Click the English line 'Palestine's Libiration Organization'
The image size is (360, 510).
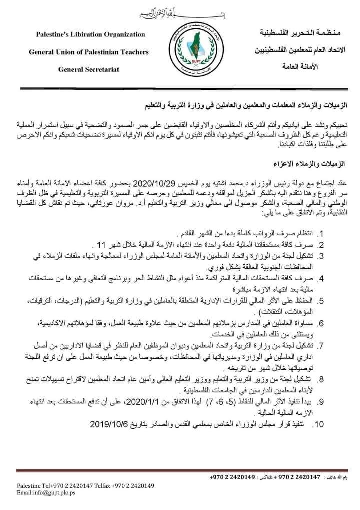(90, 34)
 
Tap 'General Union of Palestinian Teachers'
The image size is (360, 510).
(89, 52)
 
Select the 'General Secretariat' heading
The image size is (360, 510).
(89, 69)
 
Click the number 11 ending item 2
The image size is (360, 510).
(102, 245)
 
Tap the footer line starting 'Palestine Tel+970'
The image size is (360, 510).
(85, 485)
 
